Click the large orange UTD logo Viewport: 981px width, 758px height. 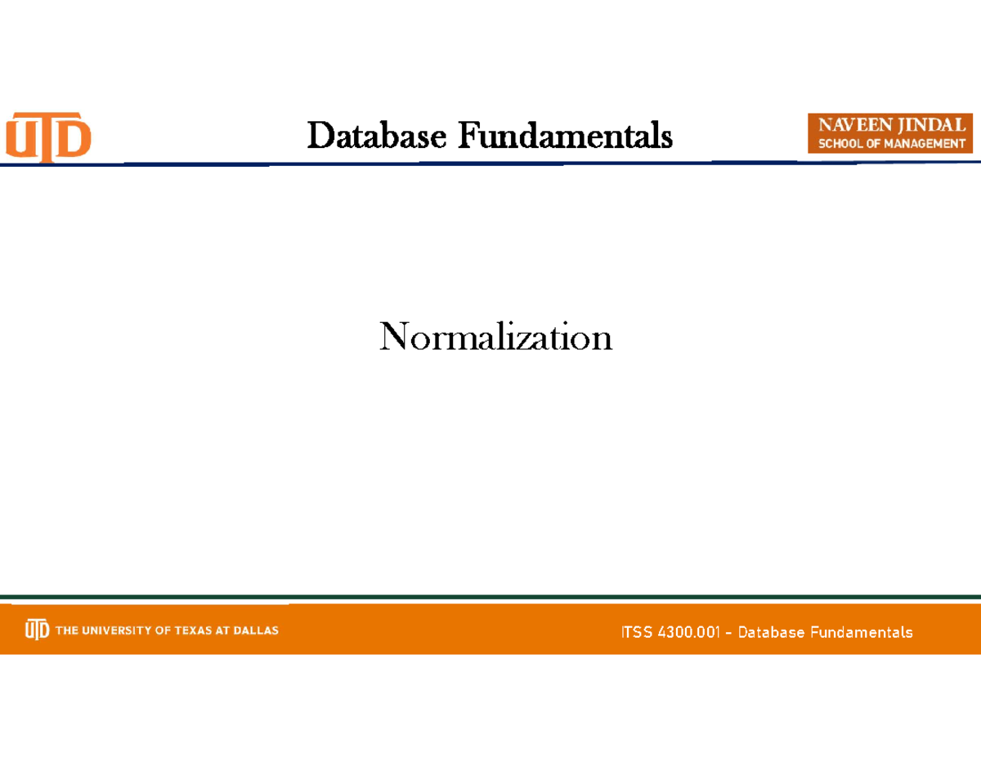point(49,137)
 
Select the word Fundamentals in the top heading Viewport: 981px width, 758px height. point(565,136)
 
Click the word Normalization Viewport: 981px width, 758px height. point(495,337)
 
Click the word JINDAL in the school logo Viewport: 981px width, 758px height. point(930,125)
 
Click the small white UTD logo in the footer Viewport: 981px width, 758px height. point(37,630)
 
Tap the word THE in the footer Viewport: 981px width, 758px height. point(67,630)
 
